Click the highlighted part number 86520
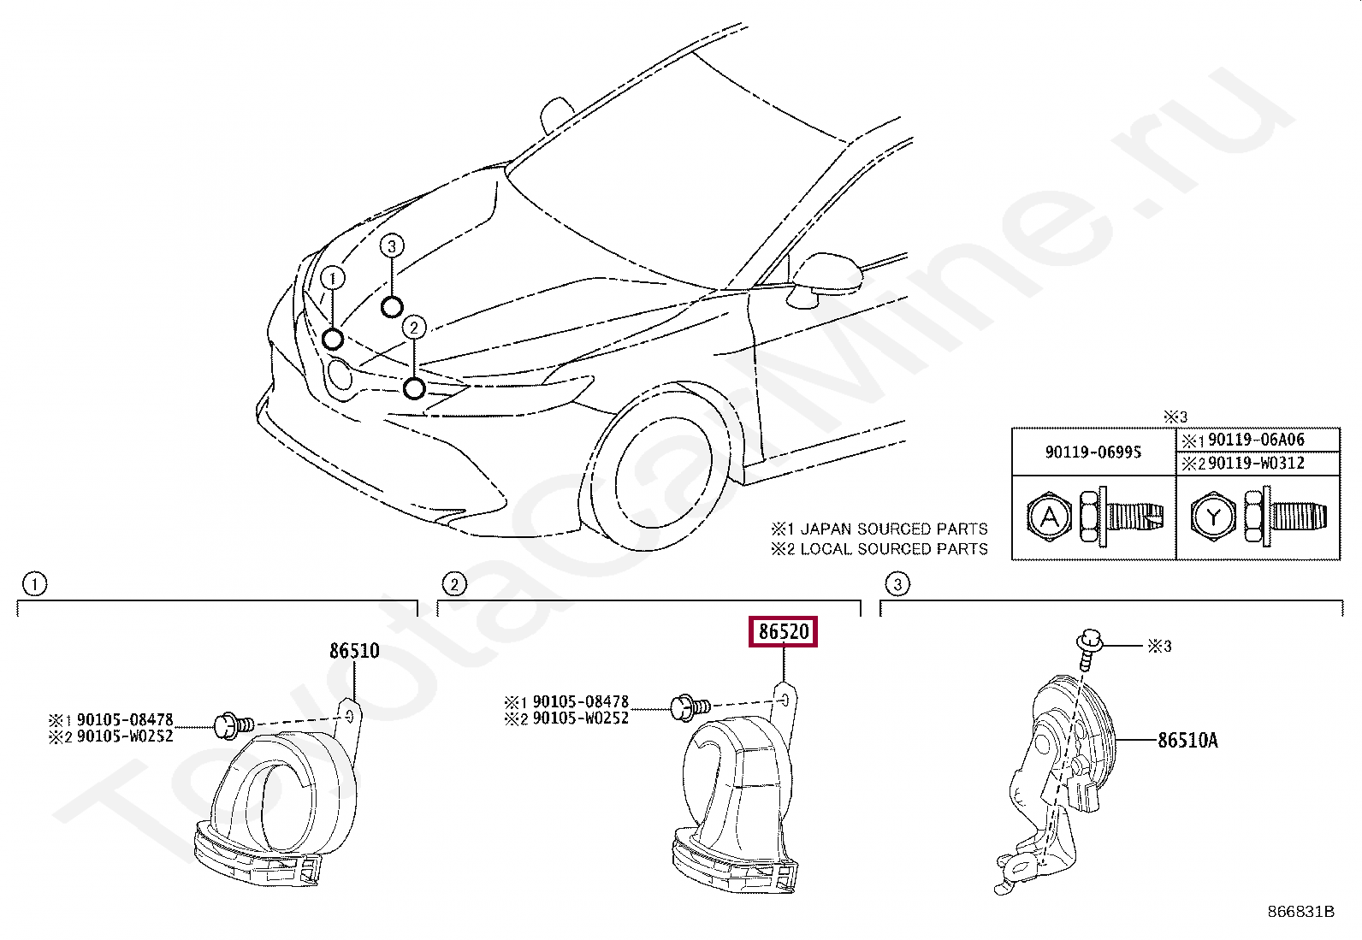click(783, 632)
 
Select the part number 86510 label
click(354, 651)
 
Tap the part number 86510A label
click(1187, 740)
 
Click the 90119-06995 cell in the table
click(1093, 452)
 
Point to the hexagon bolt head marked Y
click(1214, 517)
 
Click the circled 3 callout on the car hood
click(391, 246)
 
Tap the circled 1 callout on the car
click(332, 278)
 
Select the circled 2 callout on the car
click(413, 327)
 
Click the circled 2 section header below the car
click(453, 585)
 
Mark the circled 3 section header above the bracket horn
click(897, 585)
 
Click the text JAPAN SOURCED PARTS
click(893, 529)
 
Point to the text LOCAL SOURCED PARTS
click(893, 549)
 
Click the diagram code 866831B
click(1300, 912)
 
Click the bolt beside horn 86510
click(232, 725)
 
